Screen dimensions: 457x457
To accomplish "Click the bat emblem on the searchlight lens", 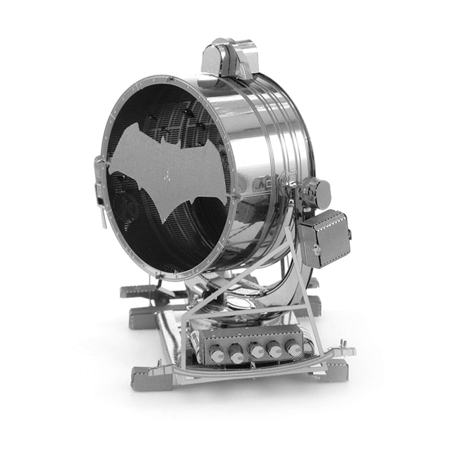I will click(170, 170).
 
